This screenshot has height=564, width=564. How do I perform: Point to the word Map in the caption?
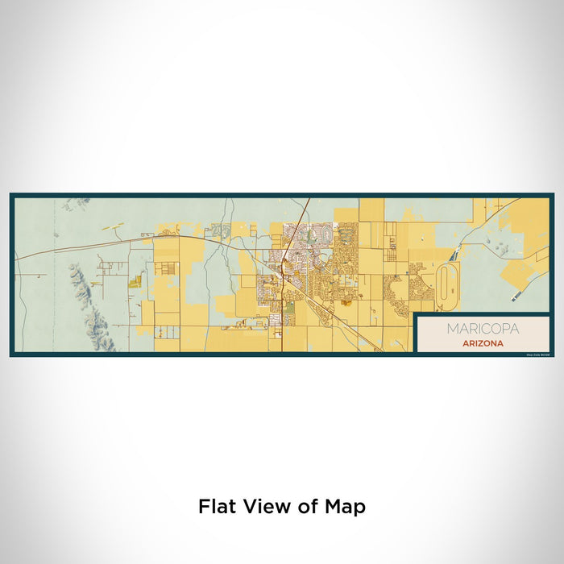pos(347,506)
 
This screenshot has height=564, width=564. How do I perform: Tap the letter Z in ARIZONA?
pos(482,342)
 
